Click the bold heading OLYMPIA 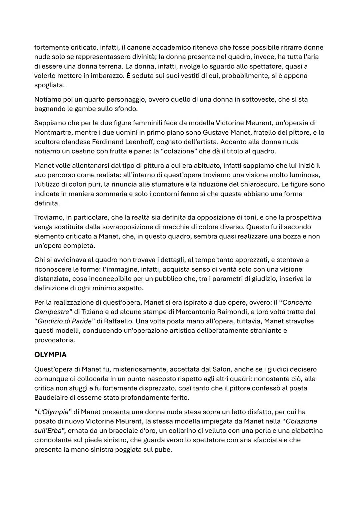50,355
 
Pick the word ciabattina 307,430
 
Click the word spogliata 49,85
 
